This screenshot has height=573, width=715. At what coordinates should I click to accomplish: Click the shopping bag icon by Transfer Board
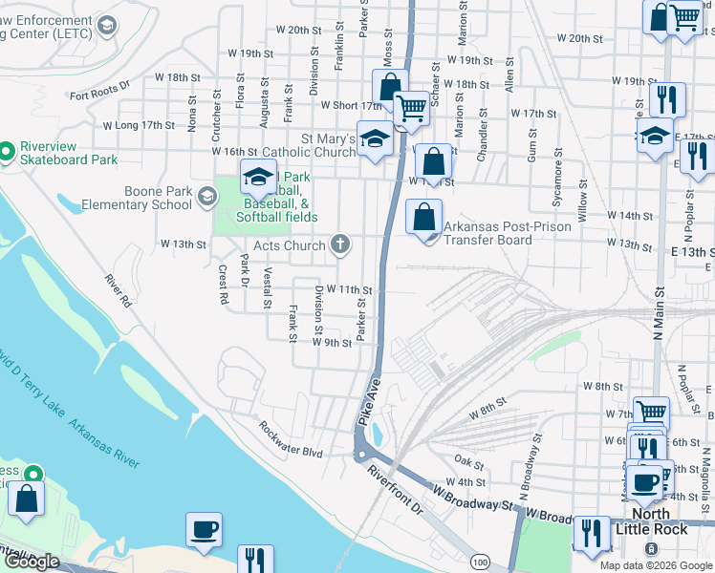click(423, 217)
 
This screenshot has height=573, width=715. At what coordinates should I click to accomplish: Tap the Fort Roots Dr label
click(99, 94)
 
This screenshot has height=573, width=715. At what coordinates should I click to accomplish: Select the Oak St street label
click(468, 461)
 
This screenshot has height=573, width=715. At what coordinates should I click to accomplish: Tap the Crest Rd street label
click(223, 285)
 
